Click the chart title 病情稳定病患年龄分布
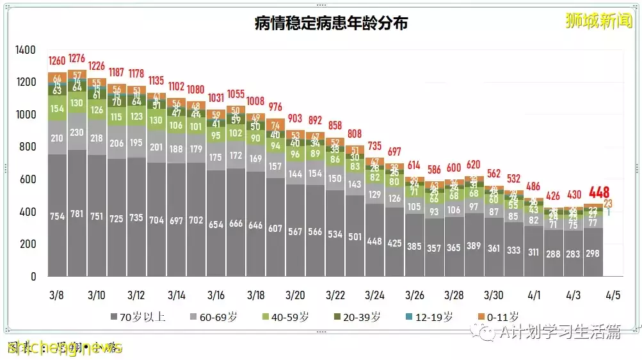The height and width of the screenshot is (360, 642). pos(331,24)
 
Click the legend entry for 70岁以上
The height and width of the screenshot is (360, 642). pos(138,316)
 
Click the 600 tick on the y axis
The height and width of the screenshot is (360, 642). pos(29,179)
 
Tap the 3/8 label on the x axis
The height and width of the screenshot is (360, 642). pos(56,295)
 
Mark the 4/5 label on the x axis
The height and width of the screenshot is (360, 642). pos(613,295)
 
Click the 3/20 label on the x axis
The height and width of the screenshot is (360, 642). pos(294,295)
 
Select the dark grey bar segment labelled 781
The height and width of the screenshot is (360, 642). pos(77,217)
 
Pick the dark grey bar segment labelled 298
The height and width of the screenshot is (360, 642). pos(593,254)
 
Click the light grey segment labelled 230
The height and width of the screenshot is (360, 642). pos(77,133)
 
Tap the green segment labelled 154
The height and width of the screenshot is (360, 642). pos(57,109)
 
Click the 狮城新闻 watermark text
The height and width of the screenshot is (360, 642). pos(599,21)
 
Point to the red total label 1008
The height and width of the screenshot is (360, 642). pos(255,101)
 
